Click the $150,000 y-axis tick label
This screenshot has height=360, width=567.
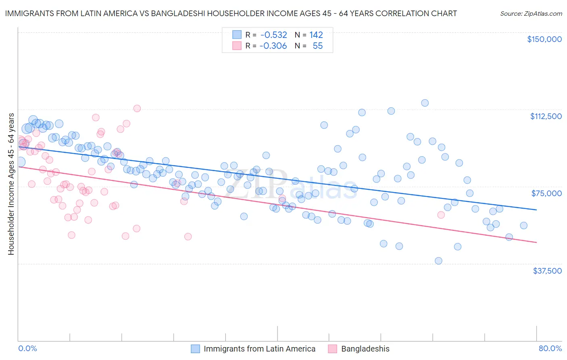click(x=544, y=39)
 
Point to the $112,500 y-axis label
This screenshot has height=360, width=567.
click(x=546, y=116)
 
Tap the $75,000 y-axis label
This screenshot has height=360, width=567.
click(x=546, y=193)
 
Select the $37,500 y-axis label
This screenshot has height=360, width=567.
click(x=547, y=271)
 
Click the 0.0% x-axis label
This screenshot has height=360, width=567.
click(x=27, y=348)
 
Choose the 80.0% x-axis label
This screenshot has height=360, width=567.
click(x=550, y=348)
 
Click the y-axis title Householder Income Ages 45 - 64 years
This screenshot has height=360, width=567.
click(x=11, y=184)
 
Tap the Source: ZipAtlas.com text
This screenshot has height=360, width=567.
click(x=531, y=13)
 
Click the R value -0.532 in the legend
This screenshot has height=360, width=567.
click(x=273, y=35)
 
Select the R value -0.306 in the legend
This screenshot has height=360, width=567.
click(x=273, y=46)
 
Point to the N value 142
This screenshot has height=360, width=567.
click(x=316, y=35)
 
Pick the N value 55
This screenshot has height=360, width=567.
click(x=317, y=46)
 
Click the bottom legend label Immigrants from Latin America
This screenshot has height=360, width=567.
click(x=259, y=349)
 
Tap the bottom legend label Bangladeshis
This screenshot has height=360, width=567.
click(x=365, y=349)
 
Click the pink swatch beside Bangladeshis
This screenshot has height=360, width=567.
click(x=332, y=349)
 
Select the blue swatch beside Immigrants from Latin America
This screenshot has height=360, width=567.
click(x=195, y=349)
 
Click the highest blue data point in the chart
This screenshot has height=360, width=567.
click(x=425, y=103)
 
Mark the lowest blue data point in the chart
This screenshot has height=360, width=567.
click(x=438, y=261)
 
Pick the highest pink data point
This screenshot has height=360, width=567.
click(x=137, y=108)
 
